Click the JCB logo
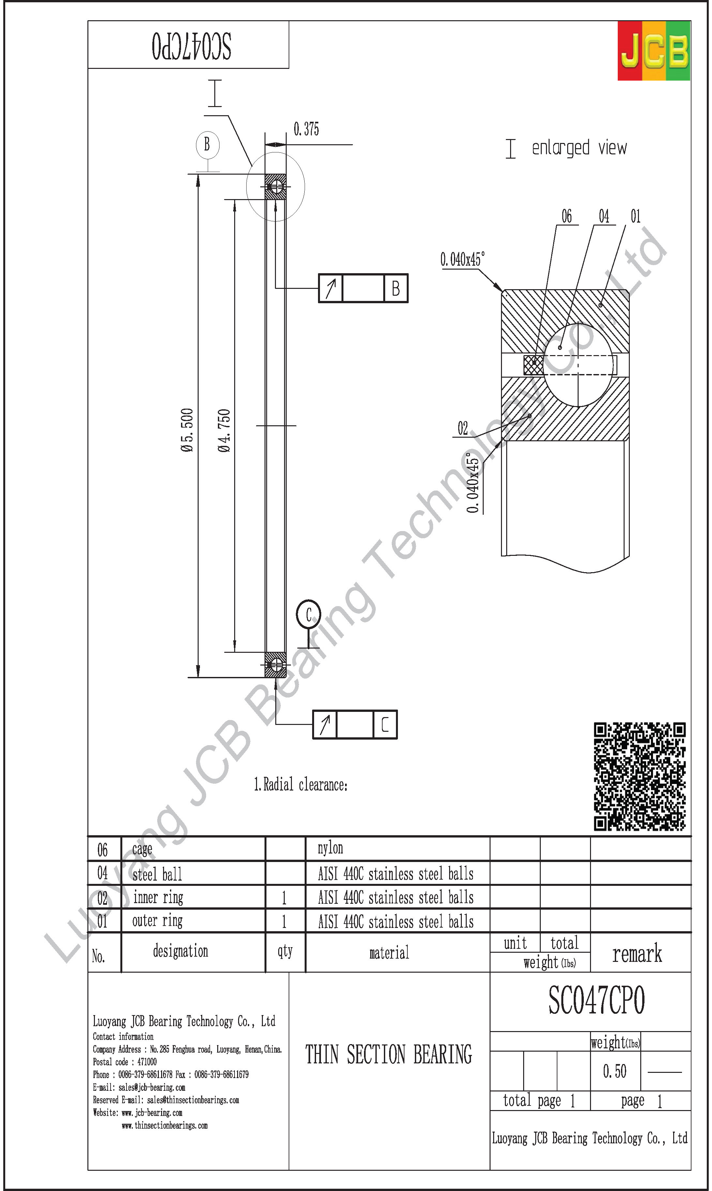coord(654,50)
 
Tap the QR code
coord(640,776)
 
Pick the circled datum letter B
coord(207,144)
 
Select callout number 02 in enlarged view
coord(462,428)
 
